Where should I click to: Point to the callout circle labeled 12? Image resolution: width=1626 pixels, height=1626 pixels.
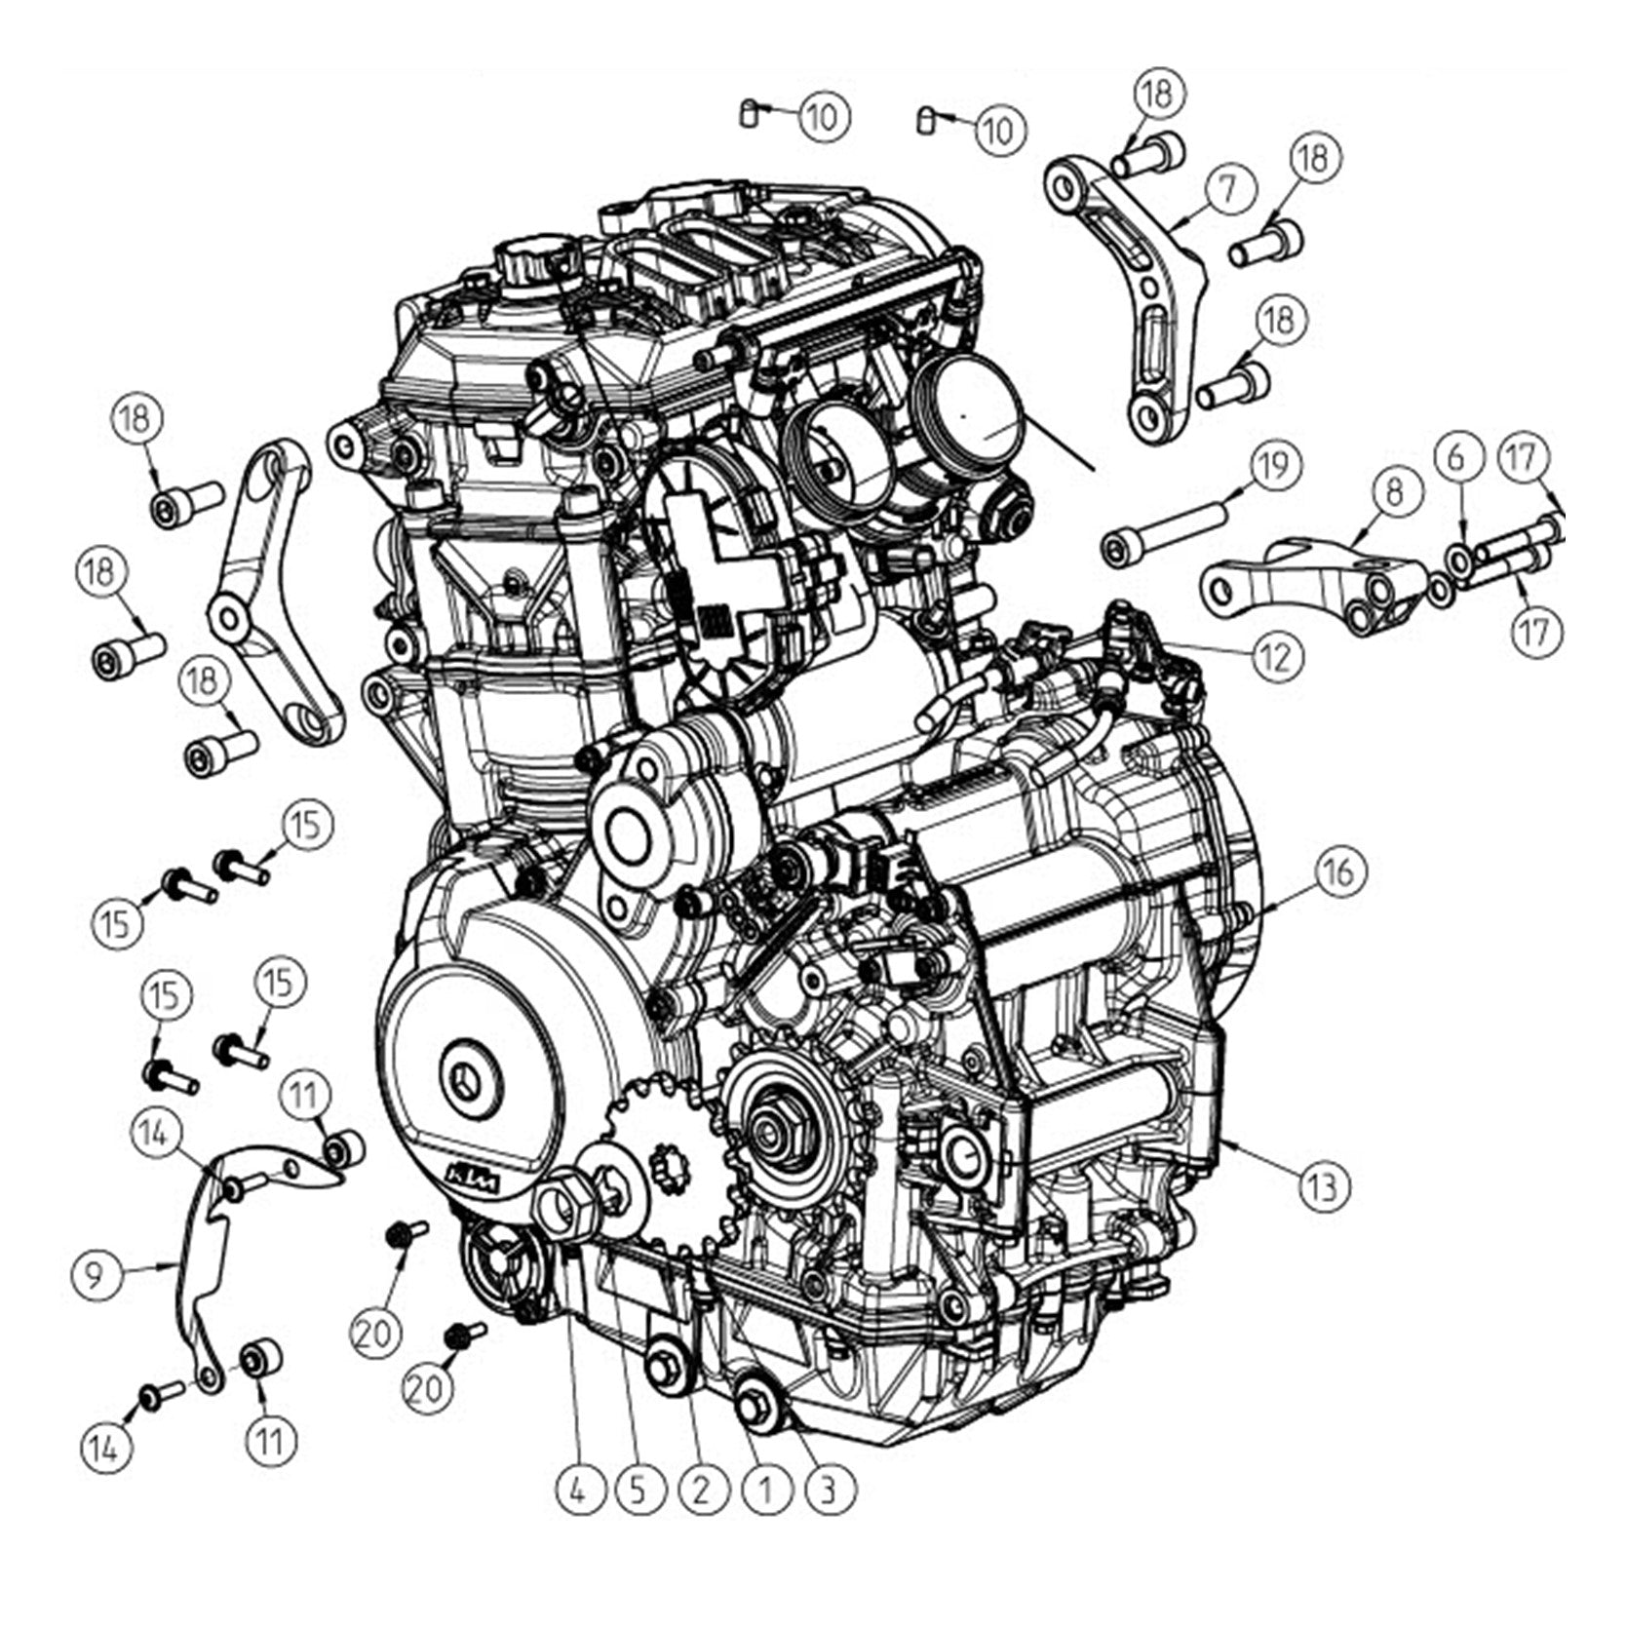click(x=1276, y=657)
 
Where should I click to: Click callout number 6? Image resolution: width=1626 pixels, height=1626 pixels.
click(x=1456, y=457)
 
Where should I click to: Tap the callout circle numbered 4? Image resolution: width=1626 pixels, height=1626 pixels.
click(x=580, y=1490)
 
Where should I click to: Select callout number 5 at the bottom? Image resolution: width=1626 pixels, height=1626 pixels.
click(x=639, y=1490)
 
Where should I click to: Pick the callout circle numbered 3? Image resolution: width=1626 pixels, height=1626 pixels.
click(x=829, y=1490)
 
